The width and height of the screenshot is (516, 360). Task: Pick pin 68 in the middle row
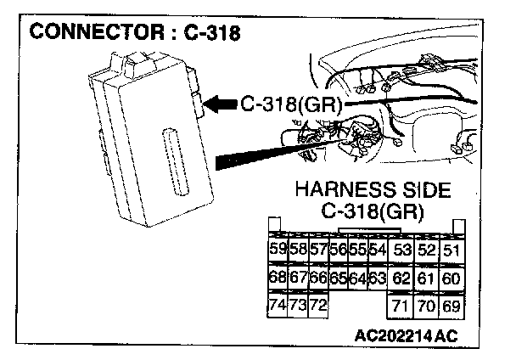(x=276, y=277)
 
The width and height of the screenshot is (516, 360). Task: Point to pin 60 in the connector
(x=451, y=277)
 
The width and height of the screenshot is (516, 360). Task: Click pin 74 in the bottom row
(x=276, y=305)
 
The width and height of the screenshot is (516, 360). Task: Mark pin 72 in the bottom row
(x=317, y=305)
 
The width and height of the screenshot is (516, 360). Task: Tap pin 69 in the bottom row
(x=451, y=305)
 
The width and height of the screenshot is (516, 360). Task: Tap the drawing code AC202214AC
(x=406, y=335)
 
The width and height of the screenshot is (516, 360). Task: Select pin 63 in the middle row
(x=378, y=277)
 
